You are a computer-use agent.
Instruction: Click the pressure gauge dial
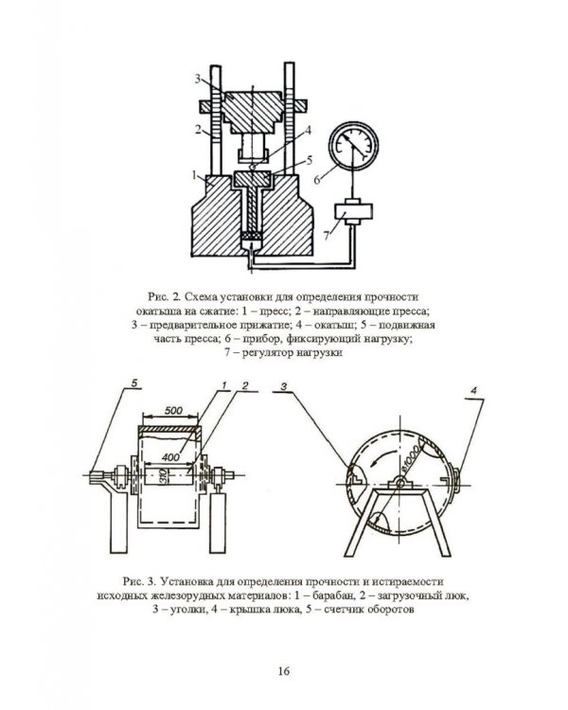pos(354,146)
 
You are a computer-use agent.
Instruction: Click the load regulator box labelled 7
pos(353,211)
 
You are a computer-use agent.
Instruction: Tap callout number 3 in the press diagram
pos(199,79)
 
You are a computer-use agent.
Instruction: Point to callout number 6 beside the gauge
pos(317,180)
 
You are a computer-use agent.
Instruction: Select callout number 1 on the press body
pos(194,175)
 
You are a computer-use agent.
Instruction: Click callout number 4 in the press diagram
pos(308,131)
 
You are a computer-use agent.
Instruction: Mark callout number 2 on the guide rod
pos(198,129)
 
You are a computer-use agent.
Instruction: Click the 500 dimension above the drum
pos(173,411)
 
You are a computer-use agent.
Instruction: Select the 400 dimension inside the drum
pos(170,457)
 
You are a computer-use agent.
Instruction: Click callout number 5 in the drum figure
pos(134,382)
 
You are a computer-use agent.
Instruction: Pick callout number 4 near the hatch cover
pos(473,390)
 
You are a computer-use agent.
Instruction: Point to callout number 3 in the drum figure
pos(284,386)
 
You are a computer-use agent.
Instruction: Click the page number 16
pos(284,670)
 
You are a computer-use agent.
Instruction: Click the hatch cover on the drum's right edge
pos(455,481)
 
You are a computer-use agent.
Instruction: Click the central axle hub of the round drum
pos(399,483)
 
